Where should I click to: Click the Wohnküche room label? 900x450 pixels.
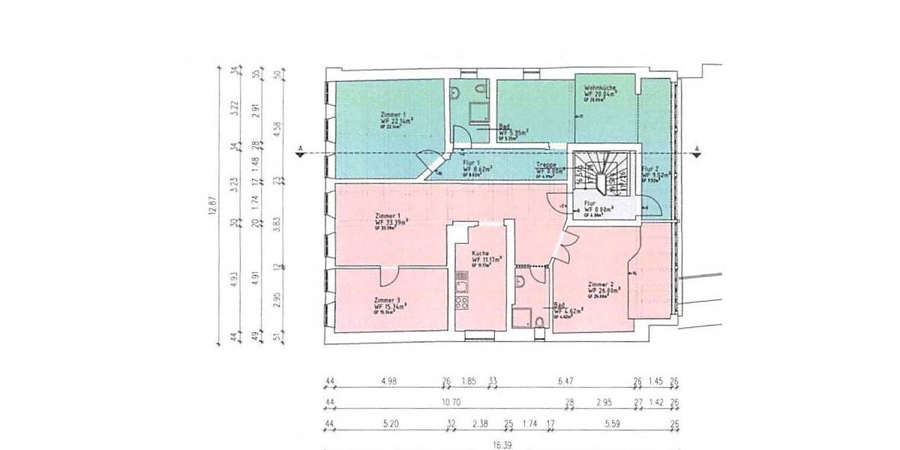click(599, 88)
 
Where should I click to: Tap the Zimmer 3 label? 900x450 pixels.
click(387, 299)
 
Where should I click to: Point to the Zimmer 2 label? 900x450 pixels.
click(601, 284)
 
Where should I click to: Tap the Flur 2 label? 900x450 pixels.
click(650, 169)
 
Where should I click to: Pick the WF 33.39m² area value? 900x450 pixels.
click(391, 223)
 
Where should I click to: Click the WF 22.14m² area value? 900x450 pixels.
click(396, 120)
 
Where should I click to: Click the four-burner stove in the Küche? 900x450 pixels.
click(463, 304)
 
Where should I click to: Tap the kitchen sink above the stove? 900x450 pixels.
click(463, 285)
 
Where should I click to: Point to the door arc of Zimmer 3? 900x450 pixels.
click(390, 277)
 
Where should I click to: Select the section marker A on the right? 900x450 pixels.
click(697, 148)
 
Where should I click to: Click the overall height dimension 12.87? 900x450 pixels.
click(211, 205)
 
